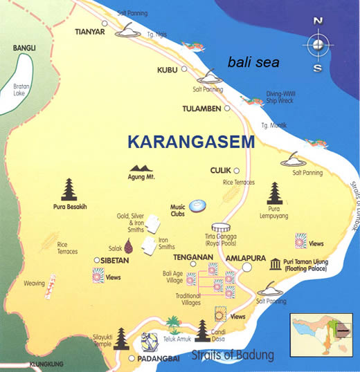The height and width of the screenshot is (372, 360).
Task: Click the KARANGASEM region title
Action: point(191,142)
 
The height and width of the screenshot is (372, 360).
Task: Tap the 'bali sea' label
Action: point(253,63)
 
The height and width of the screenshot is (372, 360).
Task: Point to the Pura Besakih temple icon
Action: point(69,189)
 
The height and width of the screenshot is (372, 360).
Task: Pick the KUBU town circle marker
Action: point(184,70)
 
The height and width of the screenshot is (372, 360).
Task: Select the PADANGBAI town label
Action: point(160,360)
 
